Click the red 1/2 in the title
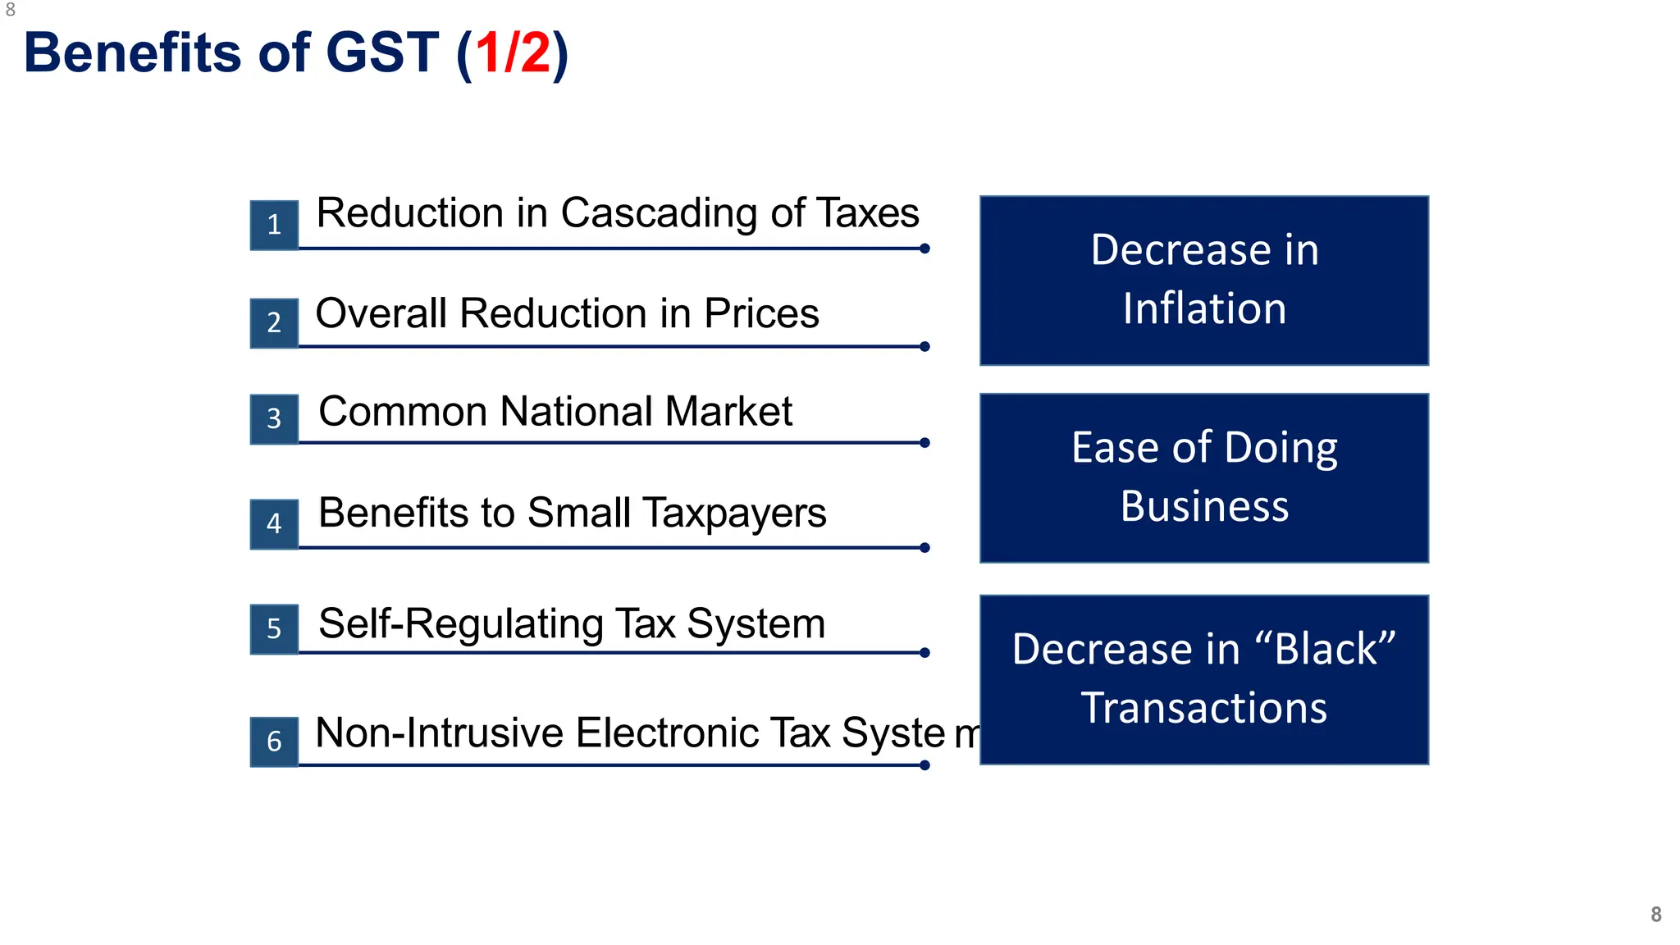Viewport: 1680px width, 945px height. (x=513, y=53)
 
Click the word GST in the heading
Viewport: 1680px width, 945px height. (x=382, y=53)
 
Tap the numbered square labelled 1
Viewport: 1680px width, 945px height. (x=274, y=225)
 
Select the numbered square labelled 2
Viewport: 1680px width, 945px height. (x=274, y=322)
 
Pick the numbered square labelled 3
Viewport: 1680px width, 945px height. (x=274, y=419)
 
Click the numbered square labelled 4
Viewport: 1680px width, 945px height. (x=274, y=523)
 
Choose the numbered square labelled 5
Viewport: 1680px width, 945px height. (x=274, y=629)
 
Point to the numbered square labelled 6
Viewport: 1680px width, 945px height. (x=274, y=742)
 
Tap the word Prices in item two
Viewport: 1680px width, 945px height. (x=761, y=313)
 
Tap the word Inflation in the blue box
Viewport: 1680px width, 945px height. (x=1204, y=309)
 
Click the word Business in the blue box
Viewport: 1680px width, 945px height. (x=1204, y=506)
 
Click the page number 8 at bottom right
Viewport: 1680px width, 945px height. (x=1655, y=914)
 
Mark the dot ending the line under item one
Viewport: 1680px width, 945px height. (x=924, y=249)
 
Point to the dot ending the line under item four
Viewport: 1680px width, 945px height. (x=924, y=548)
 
